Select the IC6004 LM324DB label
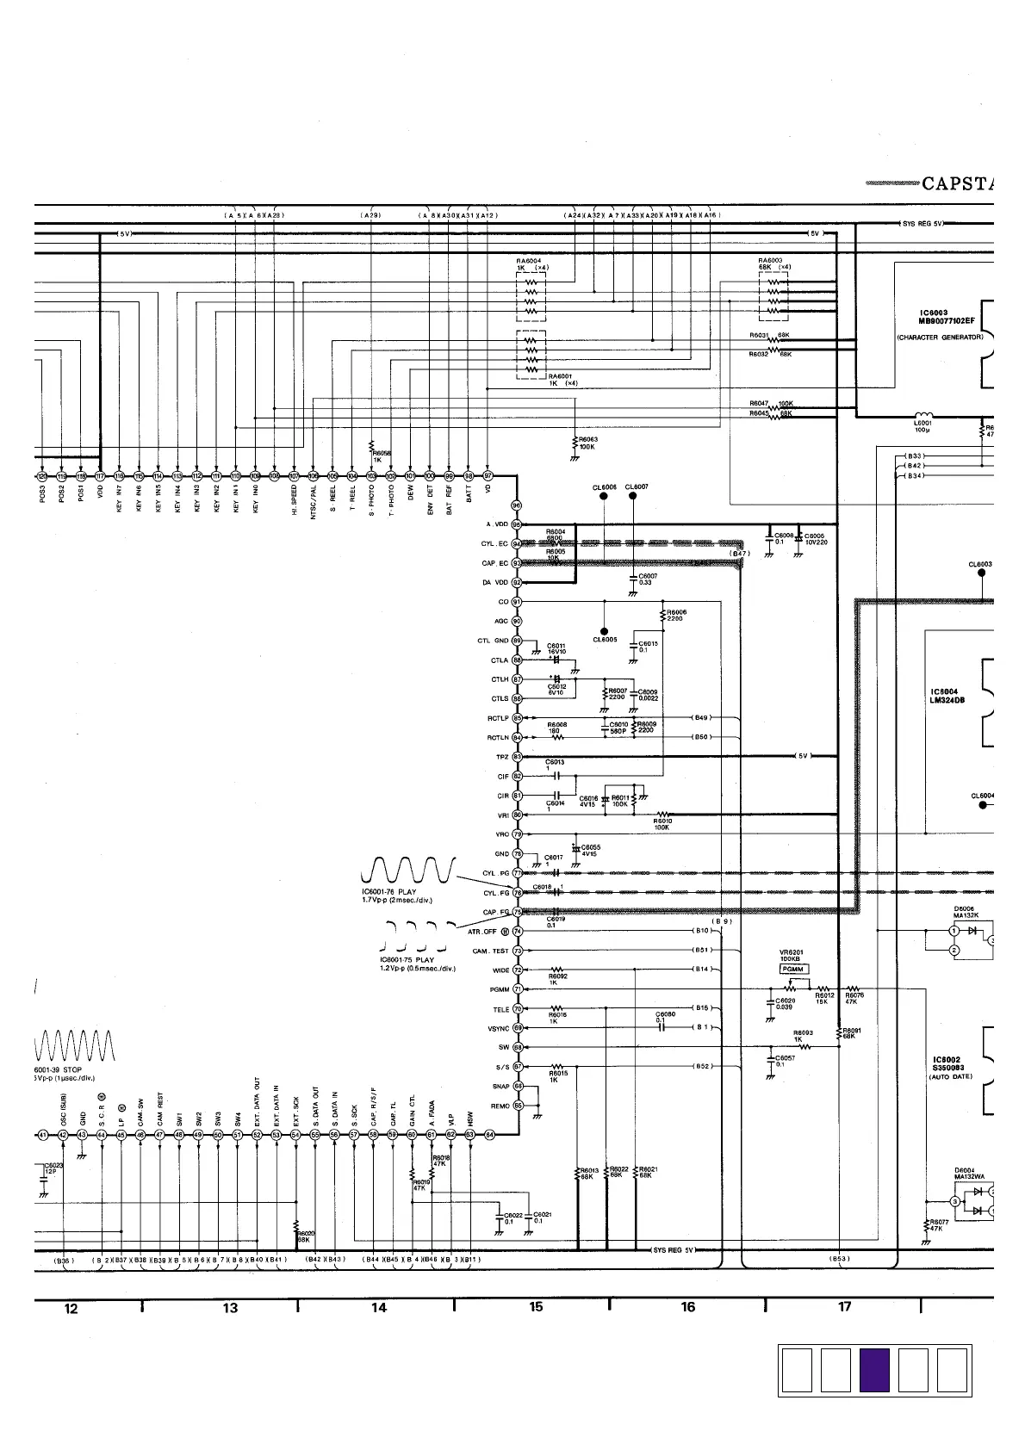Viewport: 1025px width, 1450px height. (947, 696)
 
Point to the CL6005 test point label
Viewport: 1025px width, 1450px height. (604, 640)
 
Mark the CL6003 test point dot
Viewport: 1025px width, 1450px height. (981, 573)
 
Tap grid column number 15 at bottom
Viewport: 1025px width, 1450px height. (536, 1307)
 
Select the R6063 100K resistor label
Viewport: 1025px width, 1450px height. (587, 443)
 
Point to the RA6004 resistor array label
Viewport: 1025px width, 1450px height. (528, 263)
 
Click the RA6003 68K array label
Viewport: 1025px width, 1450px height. (773, 263)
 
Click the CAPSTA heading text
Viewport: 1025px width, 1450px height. (956, 183)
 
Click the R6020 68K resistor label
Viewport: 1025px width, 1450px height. (306, 1236)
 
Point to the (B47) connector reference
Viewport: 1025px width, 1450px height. (740, 554)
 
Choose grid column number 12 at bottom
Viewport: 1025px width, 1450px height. (71, 1309)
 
